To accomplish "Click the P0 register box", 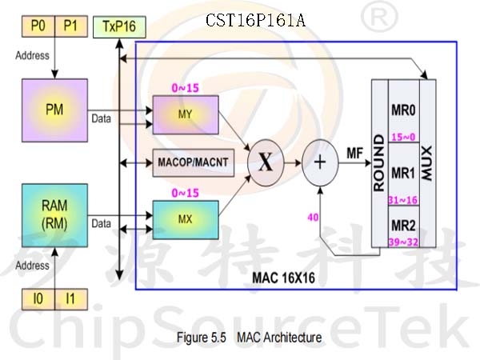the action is [x=38, y=26].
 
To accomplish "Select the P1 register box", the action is [x=71, y=26].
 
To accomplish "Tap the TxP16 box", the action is [x=119, y=27].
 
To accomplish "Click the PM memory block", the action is [x=54, y=110].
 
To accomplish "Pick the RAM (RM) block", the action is [x=54, y=215].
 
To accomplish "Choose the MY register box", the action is [x=186, y=114].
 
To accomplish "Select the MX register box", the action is [x=186, y=220].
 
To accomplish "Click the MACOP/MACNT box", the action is [x=194, y=162].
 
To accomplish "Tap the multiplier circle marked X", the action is [x=266, y=162].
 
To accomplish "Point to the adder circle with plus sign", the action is [x=320, y=162].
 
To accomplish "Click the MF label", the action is [x=354, y=153].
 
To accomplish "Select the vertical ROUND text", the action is [x=379, y=163].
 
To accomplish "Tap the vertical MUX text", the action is [x=426, y=163].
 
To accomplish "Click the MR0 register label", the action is [x=403, y=110].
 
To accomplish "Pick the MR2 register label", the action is [x=403, y=226].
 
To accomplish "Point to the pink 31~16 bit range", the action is [x=403, y=200].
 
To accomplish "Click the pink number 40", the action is [x=313, y=218].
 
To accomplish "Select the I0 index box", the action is [x=38, y=299].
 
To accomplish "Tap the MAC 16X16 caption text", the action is [x=283, y=278].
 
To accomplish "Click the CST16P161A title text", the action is [x=256, y=21].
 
